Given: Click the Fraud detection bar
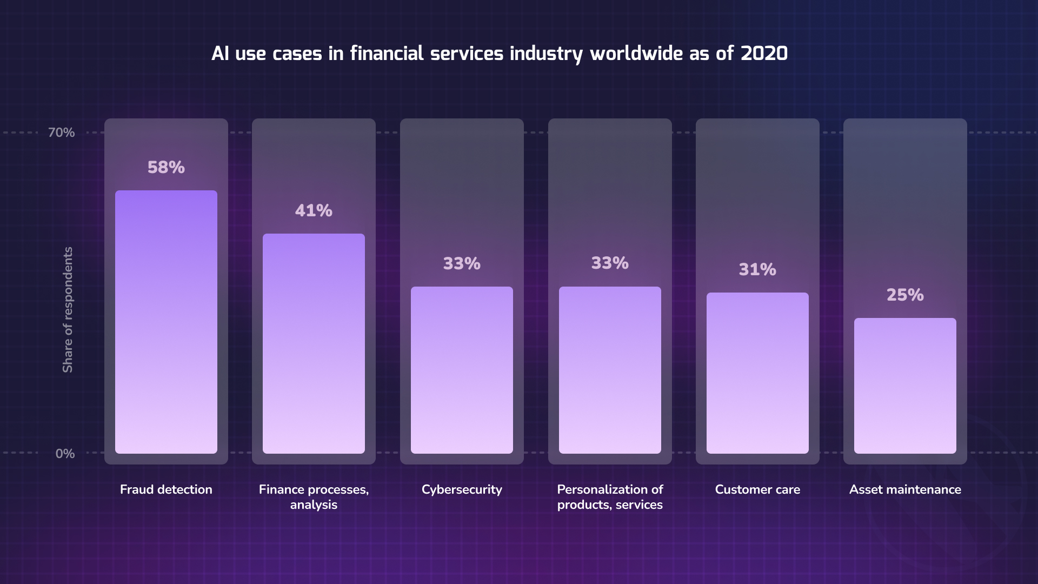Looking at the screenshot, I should coord(166,322).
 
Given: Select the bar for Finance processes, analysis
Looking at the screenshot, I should coord(314,343).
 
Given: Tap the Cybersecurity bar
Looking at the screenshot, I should coord(462,370).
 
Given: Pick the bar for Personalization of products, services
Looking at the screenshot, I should coord(610,370).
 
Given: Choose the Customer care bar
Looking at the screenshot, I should coord(757,373).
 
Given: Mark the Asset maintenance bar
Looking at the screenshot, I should coord(905,386).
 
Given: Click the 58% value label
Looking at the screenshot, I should coord(166,168).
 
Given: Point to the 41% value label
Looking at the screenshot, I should coord(314,211).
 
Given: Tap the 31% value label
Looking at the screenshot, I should coord(757,270).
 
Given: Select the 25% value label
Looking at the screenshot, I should coord(905,295).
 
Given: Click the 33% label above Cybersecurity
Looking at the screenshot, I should coord(462,264).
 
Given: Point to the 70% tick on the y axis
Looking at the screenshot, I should coord(61,132).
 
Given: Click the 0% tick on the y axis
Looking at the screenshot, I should coord(65,454).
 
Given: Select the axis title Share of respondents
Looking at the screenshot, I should coord(68,309).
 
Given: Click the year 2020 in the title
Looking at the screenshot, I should coord(764,54).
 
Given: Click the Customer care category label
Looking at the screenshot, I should coord(757,489).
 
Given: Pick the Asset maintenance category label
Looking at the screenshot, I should coord(905,489).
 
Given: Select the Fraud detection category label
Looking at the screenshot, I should coord(166,489).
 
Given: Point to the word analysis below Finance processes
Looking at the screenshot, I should coord(314,505).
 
